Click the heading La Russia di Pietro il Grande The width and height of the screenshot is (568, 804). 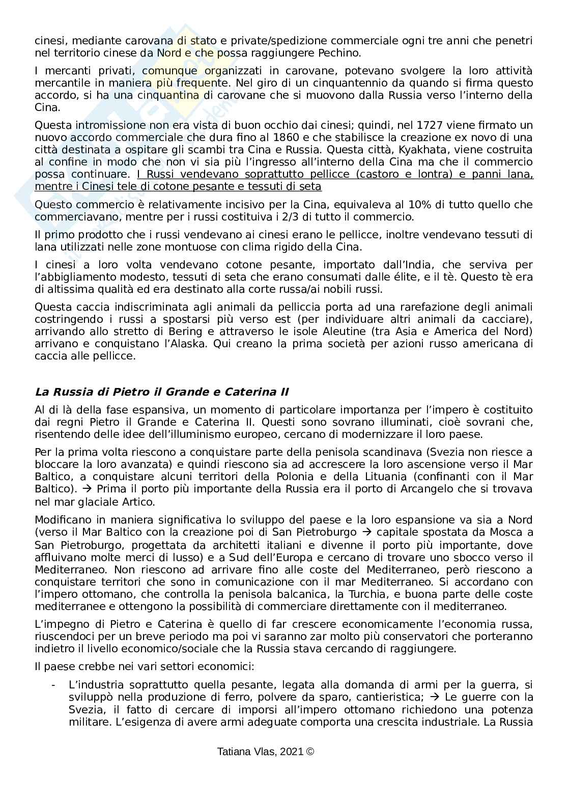[161, 392]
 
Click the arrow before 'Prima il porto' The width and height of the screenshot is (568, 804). [87, 489]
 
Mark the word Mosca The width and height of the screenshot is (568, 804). [506, 532]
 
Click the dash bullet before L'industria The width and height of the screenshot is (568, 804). [53, 685]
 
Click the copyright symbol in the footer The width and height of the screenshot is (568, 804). [310, 751]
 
